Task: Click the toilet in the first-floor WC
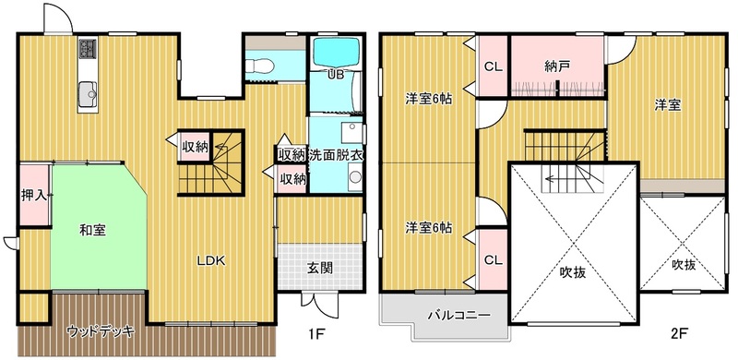pyautogui.click(x=259, y=66)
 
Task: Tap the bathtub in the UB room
pyautogui.click(x=337, y=53)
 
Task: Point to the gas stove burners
pyautogui.click(x=88, y=48)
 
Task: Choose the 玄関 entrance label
pyautogui.click(x=320, y=268)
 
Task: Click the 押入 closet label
pyautogui.click(x=34, y=196)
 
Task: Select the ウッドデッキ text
pyautogui.click(x=101, y=330)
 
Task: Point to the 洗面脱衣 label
pyautogui.click(x=336, y=155)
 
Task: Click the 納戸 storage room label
pyautogui.click(x=557, y=66)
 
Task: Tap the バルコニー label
pyautogui.click(x=453, y=315)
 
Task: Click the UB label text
pyautogui.click(x=337, y=74)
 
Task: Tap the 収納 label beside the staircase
pyautogui.click(x=195, y=147)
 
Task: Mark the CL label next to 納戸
pyautogui.click(x=494, y=66)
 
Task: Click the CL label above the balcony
pyautogui.click(x=494, y=259)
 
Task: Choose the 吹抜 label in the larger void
pyautogui.click(x=573, y=272)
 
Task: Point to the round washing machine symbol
pyautogui.click(x=355, y=177)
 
